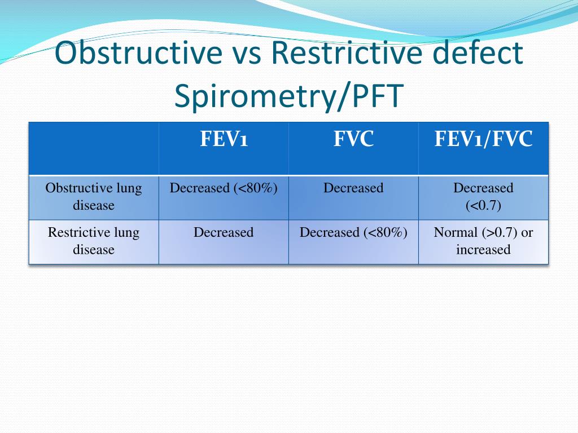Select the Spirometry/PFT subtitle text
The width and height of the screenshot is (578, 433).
click(x=289, y=95)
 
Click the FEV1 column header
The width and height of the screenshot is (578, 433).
click(x=224, y=139)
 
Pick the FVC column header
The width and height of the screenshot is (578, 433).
click(x=353, y=139)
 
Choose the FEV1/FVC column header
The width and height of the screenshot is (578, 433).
click(x=483, y=139)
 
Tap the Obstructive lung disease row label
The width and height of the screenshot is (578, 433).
click(x=94, y=196)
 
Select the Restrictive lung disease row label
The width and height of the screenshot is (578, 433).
click(x=94, y=241)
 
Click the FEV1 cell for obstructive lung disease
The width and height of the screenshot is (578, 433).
click(x=224, y=188)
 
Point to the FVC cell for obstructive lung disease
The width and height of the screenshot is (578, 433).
click(x=353, y=188)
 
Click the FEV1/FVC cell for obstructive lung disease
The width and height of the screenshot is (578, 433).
click(x=483, y=196)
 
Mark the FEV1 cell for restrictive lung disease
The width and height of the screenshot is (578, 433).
click(x=224, y=232)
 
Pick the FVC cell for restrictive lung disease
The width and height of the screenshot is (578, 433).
click(x=353, y=232)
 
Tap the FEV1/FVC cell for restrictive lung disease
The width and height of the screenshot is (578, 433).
click(x=483, y=241)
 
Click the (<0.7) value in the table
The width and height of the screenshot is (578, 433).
click(x=483, y=205)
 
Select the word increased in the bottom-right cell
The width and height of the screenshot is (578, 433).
click(x=483, y=250)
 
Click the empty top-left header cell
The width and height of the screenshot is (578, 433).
click(x=94, y=148)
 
